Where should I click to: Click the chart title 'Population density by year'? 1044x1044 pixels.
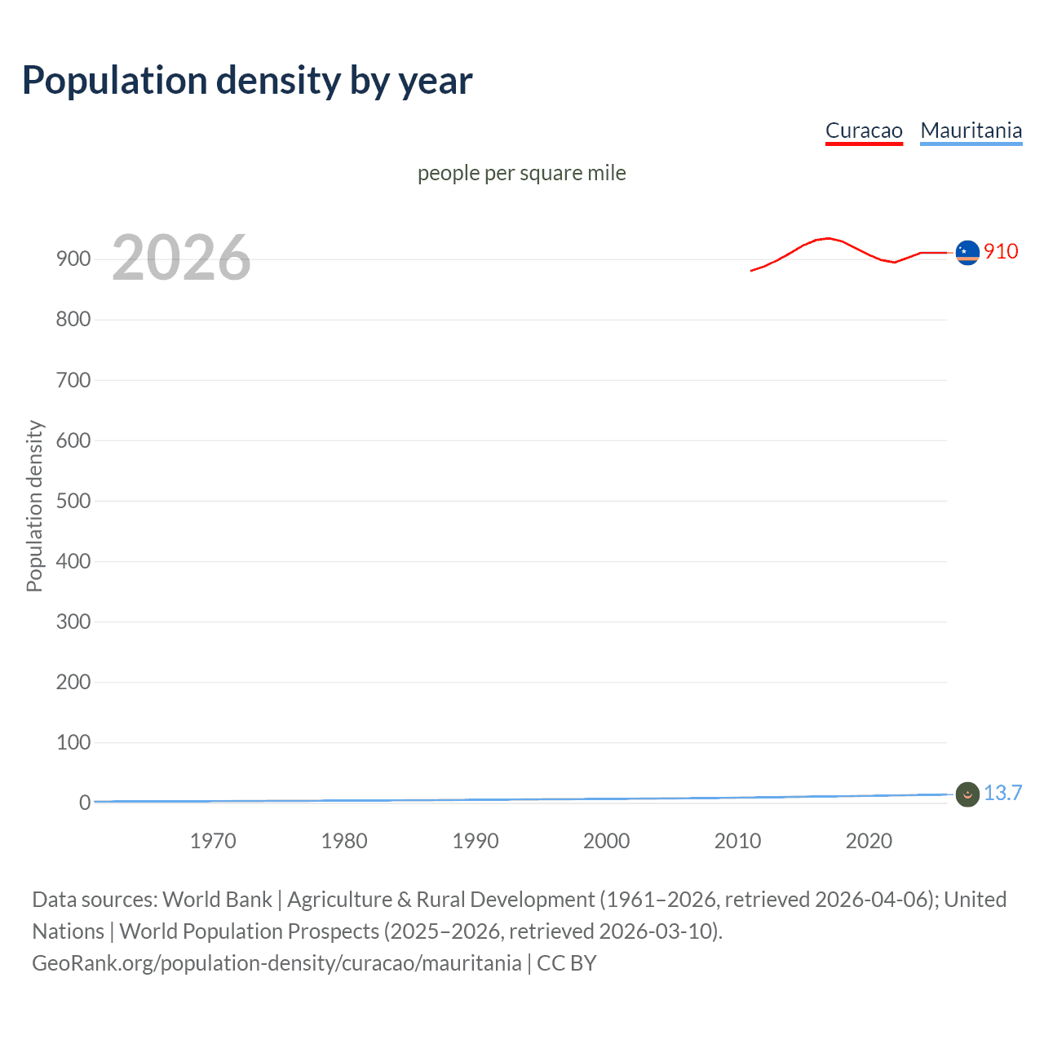[x=247, y=81]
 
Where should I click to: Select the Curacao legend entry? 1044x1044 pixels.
[x=864, y=131]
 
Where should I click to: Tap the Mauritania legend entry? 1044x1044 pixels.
[x=971, y=131]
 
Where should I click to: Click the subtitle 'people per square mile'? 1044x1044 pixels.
[x=521, y=174]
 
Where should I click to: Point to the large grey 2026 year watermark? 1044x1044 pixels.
[x=181, y=258]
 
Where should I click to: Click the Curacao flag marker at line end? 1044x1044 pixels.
[x=967, y=253]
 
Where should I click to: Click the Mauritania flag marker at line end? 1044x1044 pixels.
[x=967, y=794]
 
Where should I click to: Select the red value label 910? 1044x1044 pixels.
[x=1001, y=251]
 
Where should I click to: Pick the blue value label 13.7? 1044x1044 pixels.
[x=1002, y=793]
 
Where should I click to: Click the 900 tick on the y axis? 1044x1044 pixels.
[x=73, y=259]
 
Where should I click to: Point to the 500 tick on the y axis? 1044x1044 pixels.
[x=73, y=501]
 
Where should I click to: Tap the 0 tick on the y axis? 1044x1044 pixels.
[x=85, y=803]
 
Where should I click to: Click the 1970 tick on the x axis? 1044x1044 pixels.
[x=213, y=841]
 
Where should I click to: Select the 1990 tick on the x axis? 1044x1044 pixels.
[x=476, y=841]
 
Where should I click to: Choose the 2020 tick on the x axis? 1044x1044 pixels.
[x=869, y=841]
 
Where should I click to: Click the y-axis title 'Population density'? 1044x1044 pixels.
[x=34, y=506]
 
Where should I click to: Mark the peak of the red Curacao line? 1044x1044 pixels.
[x=829, y=238]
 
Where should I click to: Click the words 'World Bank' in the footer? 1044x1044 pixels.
[x=217, y=900]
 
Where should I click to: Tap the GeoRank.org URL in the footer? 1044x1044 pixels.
[x=276, y=963]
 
